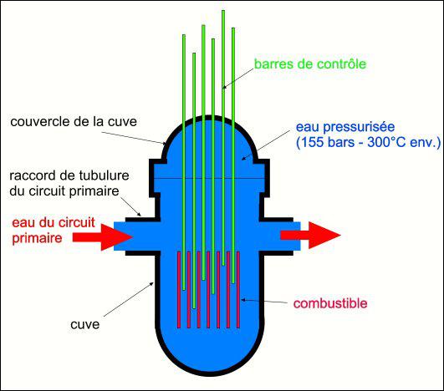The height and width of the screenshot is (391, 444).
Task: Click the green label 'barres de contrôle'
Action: [310, 64]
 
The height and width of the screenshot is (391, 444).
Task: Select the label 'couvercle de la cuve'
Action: [74, 122]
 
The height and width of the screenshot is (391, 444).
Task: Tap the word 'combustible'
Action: [330, 303]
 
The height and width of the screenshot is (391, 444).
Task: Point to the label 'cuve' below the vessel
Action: [85, 325]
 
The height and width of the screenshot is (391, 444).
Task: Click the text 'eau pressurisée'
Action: [345, 127]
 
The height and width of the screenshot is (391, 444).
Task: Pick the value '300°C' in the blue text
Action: [387, 142]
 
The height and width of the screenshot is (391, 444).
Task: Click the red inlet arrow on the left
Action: [102, 237]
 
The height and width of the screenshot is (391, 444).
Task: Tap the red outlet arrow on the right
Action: [310, 236]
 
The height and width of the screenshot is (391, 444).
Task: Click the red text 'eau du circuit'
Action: [54, 223]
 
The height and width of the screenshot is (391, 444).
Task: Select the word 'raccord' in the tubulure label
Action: [33, 175]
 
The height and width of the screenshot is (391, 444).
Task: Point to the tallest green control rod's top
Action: [223, 11]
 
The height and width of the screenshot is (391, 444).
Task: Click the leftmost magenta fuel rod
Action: [179, 290]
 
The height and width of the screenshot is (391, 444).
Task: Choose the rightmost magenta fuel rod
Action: [238, 290]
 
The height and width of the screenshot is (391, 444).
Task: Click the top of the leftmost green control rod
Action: [184, 36]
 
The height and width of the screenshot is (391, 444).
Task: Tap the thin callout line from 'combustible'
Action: [264, 301]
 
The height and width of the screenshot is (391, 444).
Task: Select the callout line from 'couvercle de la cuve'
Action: [134, 138]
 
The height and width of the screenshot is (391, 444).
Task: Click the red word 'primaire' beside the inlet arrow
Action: [37, 238]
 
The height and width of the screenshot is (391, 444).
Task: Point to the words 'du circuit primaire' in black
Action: [64, 191]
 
